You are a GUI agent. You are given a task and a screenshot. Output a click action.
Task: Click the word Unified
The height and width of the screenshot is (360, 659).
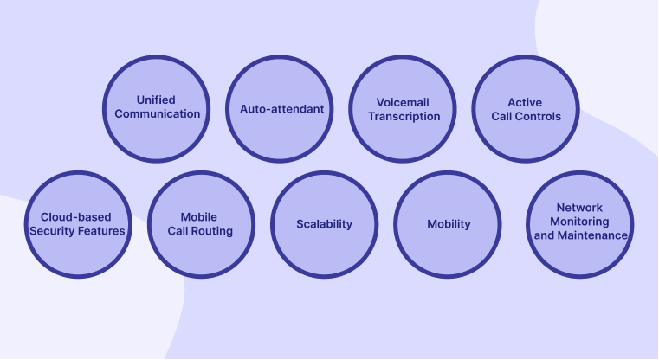(157, 100)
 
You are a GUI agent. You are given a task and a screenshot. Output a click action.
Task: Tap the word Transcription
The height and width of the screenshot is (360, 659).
(404, 116)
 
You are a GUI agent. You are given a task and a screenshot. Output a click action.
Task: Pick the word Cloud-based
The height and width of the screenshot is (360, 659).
(75, 216)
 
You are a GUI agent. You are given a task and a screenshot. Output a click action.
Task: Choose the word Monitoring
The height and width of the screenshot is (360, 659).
(580, 222)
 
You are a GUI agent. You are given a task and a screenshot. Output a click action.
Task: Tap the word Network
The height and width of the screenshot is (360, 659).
(580, 208)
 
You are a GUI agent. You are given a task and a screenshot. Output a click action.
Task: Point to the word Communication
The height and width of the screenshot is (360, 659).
(157, 113)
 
